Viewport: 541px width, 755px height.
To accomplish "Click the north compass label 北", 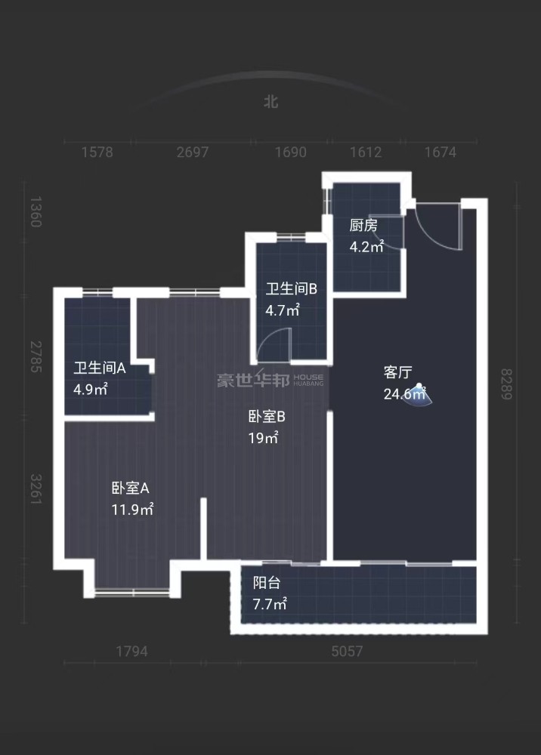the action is tap(271, 102).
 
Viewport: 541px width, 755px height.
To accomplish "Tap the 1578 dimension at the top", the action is tap(97, 153).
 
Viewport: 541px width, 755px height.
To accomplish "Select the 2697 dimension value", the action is tap(193, 153).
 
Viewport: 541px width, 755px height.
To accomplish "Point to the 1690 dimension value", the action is tap(290, 153).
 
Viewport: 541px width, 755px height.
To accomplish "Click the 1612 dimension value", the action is tap(366, 153).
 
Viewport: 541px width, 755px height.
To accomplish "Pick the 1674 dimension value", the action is tap(441, 153).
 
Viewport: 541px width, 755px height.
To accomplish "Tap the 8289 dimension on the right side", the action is tap(505, 384).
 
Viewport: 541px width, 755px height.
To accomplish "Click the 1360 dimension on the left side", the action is tap(36, 212).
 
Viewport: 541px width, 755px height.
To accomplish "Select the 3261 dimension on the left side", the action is tap(36, 490).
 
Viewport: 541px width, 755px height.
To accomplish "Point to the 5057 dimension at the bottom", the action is tap(347, 652).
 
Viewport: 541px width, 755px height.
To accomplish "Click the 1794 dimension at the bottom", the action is tap(131, 652).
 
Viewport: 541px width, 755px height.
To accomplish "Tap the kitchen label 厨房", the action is tap(363, 225).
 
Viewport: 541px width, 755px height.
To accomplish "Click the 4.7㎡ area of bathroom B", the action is tap(283, 310).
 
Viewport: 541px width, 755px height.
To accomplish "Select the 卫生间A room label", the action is tap(100, 368).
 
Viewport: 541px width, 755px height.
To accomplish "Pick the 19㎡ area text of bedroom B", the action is tap(263, 438).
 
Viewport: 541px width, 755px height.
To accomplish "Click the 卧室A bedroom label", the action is tap(131, 488).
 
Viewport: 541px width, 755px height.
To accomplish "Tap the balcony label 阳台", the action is tap(267, 583).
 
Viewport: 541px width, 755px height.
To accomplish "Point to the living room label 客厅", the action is tap(398, 372).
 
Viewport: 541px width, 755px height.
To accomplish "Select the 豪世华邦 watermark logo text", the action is tap(253, 381).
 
